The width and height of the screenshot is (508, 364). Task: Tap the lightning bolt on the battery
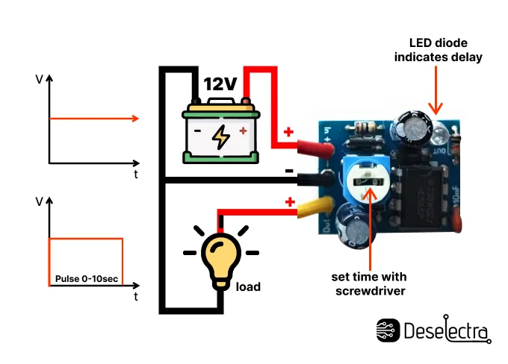(221, 136)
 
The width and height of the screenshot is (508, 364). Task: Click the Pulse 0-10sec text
(86, 279)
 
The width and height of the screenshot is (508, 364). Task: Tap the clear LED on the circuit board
(439, 134)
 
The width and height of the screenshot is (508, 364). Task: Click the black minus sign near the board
(288, 170)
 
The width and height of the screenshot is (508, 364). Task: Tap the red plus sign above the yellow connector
(288, 201)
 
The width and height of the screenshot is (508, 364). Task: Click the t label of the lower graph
(136, 296)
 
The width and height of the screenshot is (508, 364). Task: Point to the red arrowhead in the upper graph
(135, 118)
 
